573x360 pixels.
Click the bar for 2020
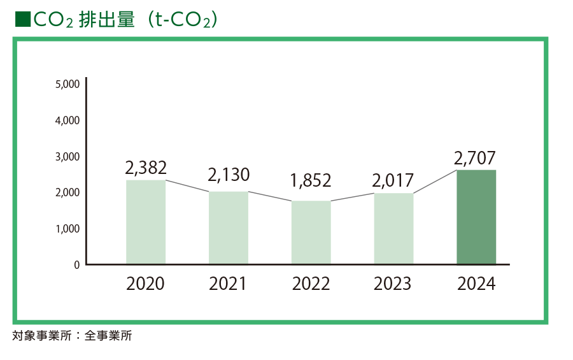click(146, 222)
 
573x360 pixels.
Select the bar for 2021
click(228, 227)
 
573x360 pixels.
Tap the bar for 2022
click(311, 232)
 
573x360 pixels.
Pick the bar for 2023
click(393, 228)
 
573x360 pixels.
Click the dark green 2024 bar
click(476, 217)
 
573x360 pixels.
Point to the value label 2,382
click(146, 168)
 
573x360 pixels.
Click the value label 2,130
click(229, 175)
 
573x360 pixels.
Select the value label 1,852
click(311, 180)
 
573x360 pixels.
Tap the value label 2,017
click(393, 180)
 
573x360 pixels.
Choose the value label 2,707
click(475, 157)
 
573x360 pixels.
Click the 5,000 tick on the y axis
click(67, 84)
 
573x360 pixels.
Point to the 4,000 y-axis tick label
click(67, 120)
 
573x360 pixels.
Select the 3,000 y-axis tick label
click(67, 156)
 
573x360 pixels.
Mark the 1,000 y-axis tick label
click(67, 228)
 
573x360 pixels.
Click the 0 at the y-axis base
click(77, 264)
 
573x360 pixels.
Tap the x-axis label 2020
click(145, 284)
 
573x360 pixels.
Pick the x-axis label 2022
click(311, 284)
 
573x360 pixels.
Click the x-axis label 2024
click(476, 284)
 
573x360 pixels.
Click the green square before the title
click(22, 20)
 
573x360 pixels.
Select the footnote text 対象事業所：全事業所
click(72, 336)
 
